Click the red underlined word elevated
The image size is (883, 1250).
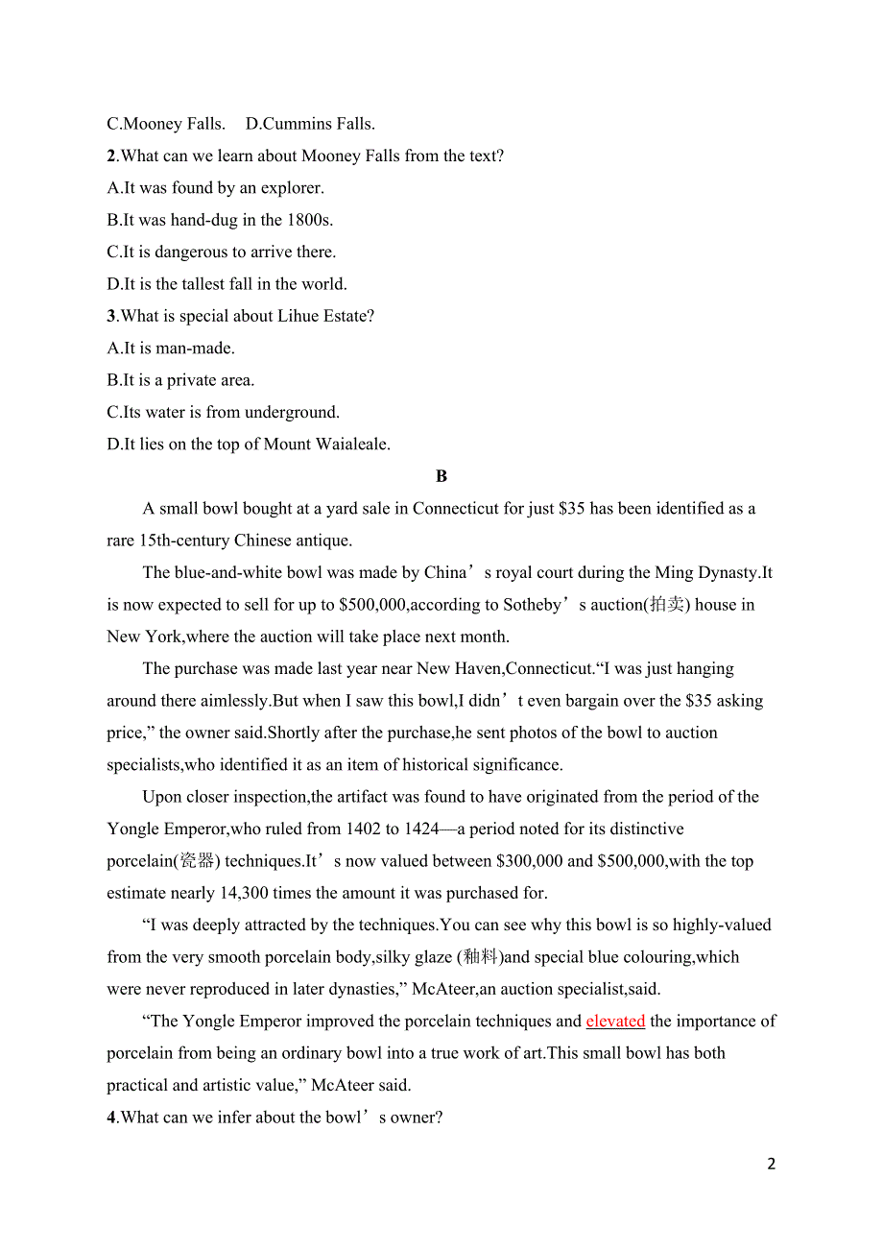pyautogui.click(x=615, y=1022)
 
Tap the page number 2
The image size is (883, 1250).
pyautogui.click(x=772, y=1165)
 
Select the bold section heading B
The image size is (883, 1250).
pyautogui.click(x=441, y=476)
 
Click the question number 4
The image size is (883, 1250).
pyautogui.click(x=111, y=1118)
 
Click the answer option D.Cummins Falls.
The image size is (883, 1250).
pyautogui.click(x=310, y=124)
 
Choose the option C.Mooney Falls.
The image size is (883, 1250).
pyautogui.click(x=166, y=124)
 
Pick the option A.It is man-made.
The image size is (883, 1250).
pyautogui.click(x=171, y=349)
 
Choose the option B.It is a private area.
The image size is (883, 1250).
pyautogui.click(x=180, y=380)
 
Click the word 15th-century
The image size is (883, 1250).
pyautogui.click(x=184, y=541)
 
